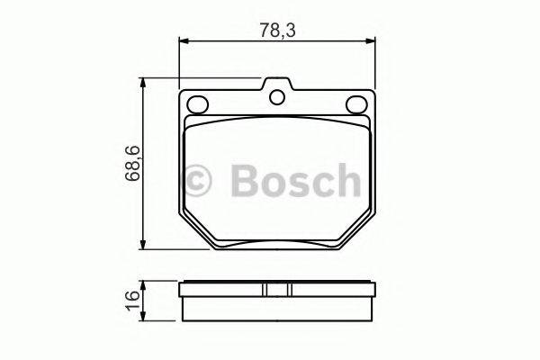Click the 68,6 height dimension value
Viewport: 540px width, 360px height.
pyautogui.click(x=131, y=163)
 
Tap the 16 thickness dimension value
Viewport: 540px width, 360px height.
pyautogui.click(x=131, y=297)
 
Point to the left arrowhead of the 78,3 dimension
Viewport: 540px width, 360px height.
pyautogui.click(x=184, y=41)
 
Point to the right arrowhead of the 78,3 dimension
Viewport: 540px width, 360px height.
pyautogui.click(x=372, y=41)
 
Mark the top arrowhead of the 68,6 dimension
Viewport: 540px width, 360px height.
pyautogui.click(x=145, y=82)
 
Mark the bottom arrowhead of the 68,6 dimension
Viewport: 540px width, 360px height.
pyautogui.click(x=145, y=247)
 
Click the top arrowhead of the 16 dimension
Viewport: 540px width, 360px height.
pyautogui.click(x=145, y=284)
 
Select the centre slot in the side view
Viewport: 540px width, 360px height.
pyautogui.click(x=278, y=290)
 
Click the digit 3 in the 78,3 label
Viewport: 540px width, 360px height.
pyautogui.click(x=292, y=29)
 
